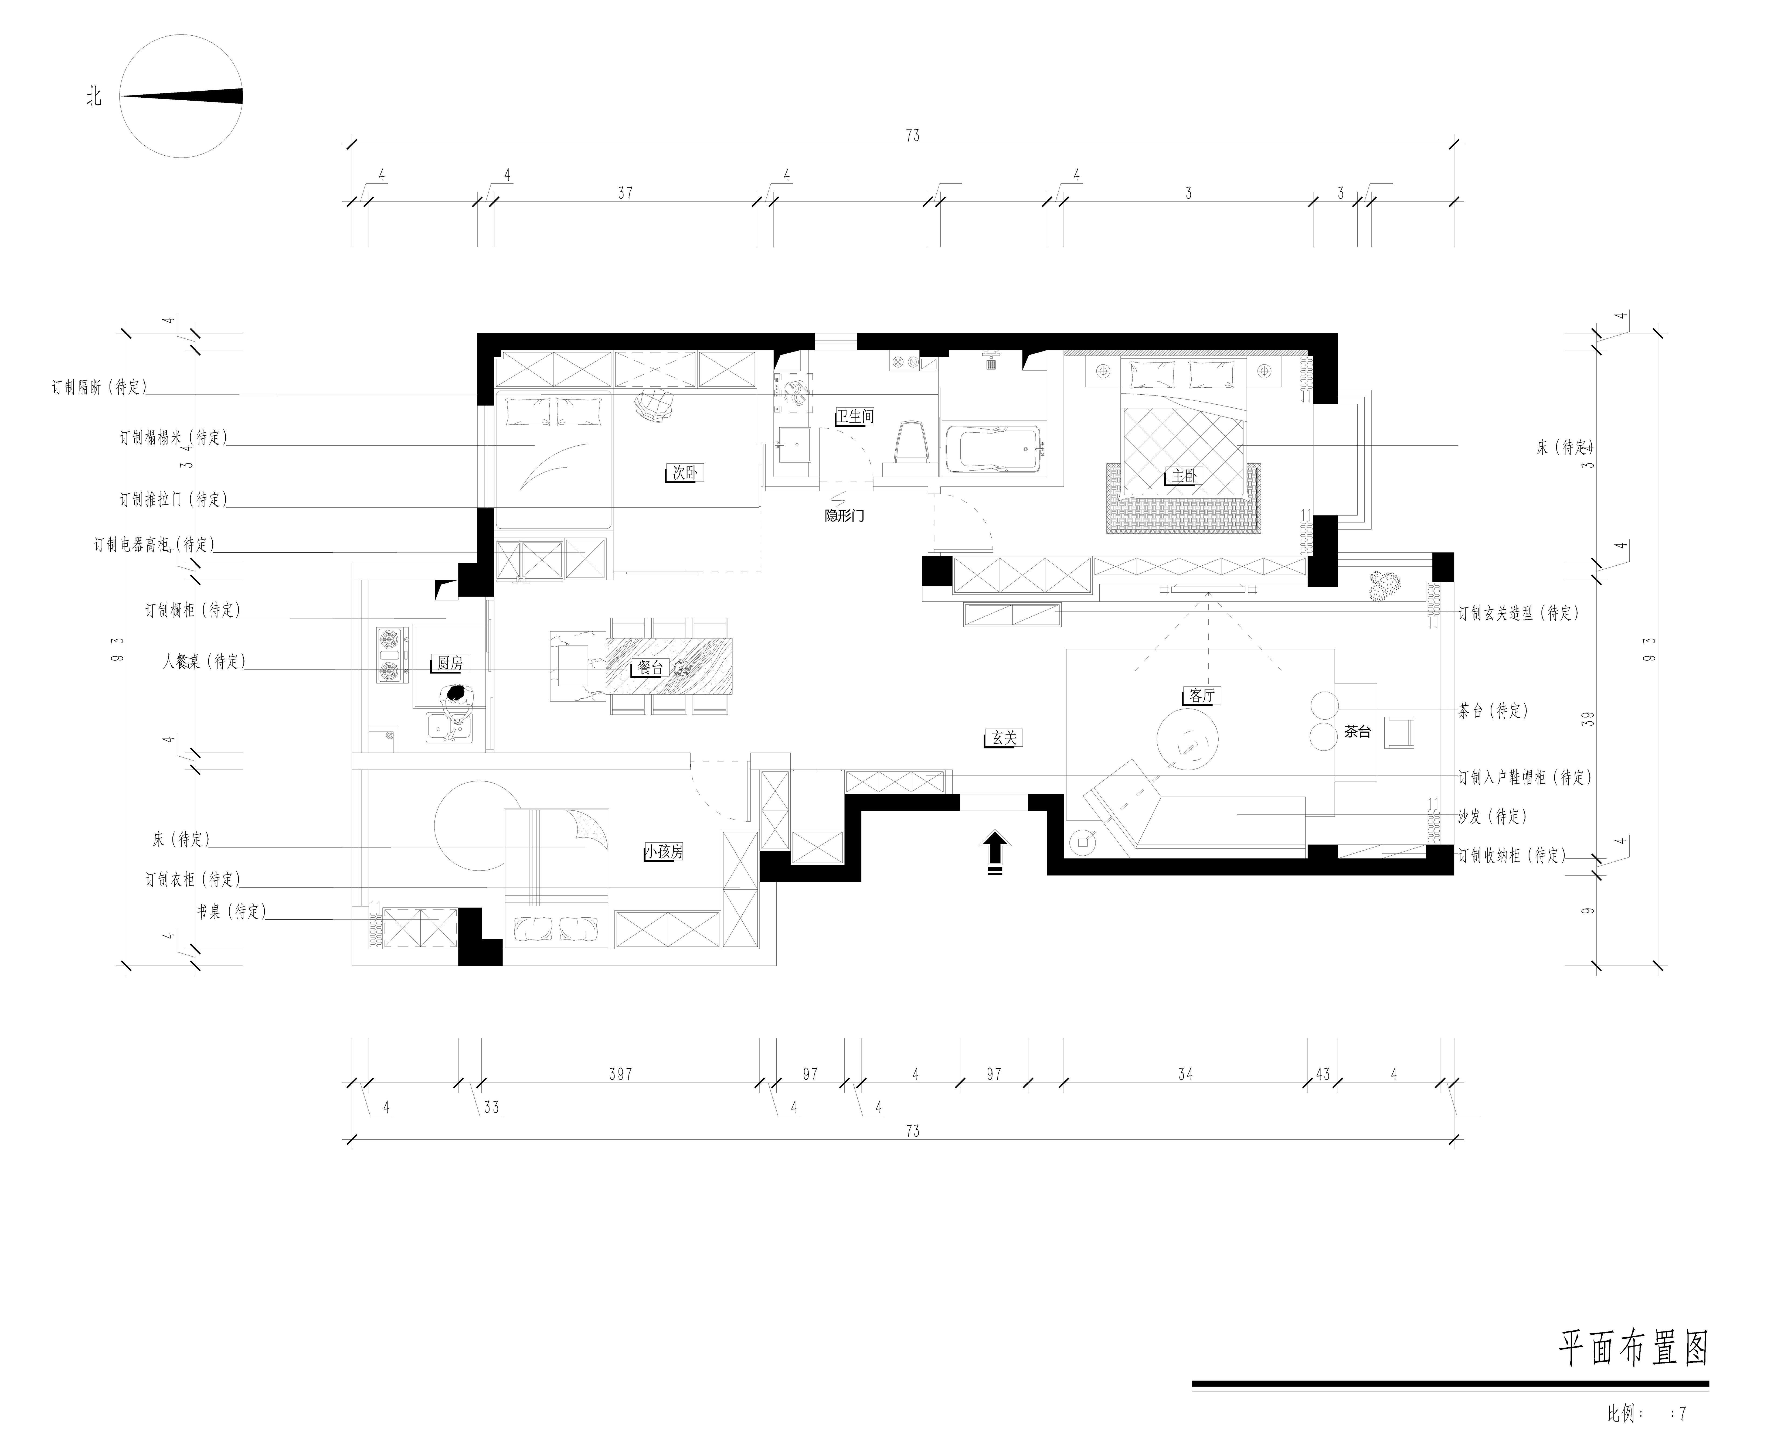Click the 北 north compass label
pos(94,97)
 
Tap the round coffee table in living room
pos(1187,739)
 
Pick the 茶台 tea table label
pos(1357,731)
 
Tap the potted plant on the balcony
pos(1385,584)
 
